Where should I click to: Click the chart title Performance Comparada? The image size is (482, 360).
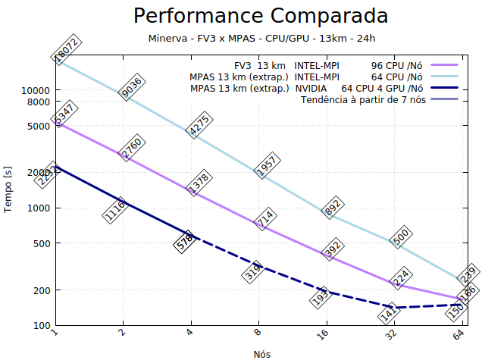click(261, 16)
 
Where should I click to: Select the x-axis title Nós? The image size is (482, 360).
click(261, 353)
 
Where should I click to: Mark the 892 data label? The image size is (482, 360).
click(331, 208)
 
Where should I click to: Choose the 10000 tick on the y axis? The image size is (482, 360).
click(36, 89)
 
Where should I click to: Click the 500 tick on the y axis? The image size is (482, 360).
click(41, 244)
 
